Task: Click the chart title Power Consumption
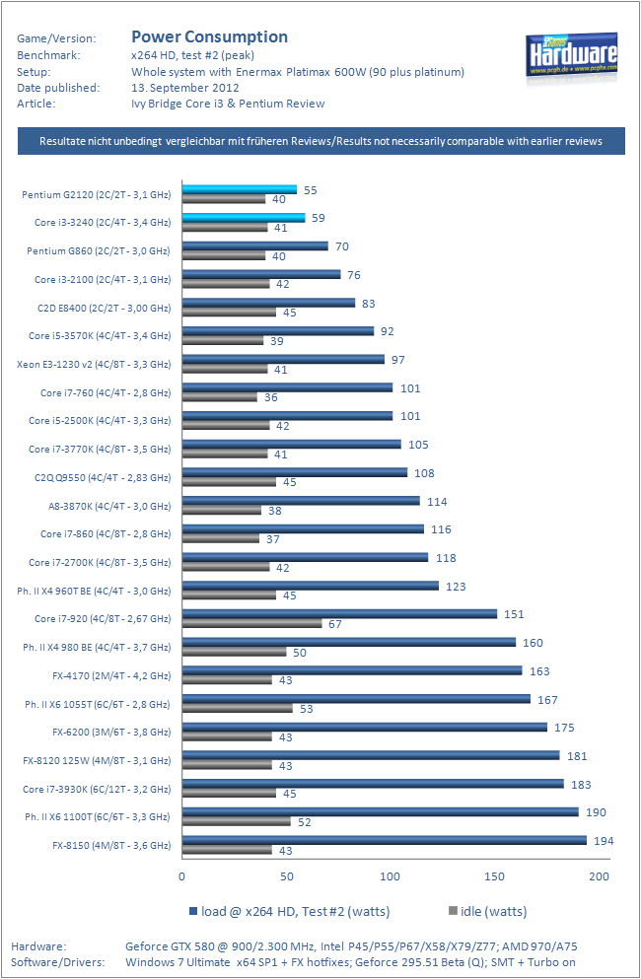209,36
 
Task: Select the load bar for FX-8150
384,840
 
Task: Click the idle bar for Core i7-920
251,623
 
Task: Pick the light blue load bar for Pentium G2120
239,189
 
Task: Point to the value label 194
604,840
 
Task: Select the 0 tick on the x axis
181,875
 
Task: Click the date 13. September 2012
178,87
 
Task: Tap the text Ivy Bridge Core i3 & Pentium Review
228,103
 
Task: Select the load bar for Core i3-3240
243,218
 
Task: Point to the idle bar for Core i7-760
219,397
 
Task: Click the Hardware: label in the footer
39,945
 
